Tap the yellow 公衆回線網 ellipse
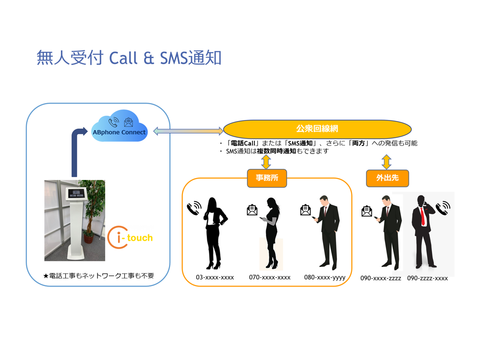point(317,129)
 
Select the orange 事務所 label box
point(267,178)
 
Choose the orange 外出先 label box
point(387,178)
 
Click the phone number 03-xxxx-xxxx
point(215,277)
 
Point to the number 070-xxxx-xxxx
point(269,277)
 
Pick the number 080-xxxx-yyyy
point(324,277)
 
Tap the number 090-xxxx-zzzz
point(381,278)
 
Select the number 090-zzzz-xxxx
point(427,278)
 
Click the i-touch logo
point(130,237)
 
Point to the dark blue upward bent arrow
point(76,149)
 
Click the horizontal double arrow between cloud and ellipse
point(188,131)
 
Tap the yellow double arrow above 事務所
point(266,162)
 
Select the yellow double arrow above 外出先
point(386,162)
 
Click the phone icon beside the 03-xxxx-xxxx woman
point(194,209)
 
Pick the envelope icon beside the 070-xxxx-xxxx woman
point(252,210)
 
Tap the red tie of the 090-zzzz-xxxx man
point(422,216)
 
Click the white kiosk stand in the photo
point(74,221)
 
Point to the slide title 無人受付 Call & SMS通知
point(129,58)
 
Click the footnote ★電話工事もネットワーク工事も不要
point(98,276)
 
